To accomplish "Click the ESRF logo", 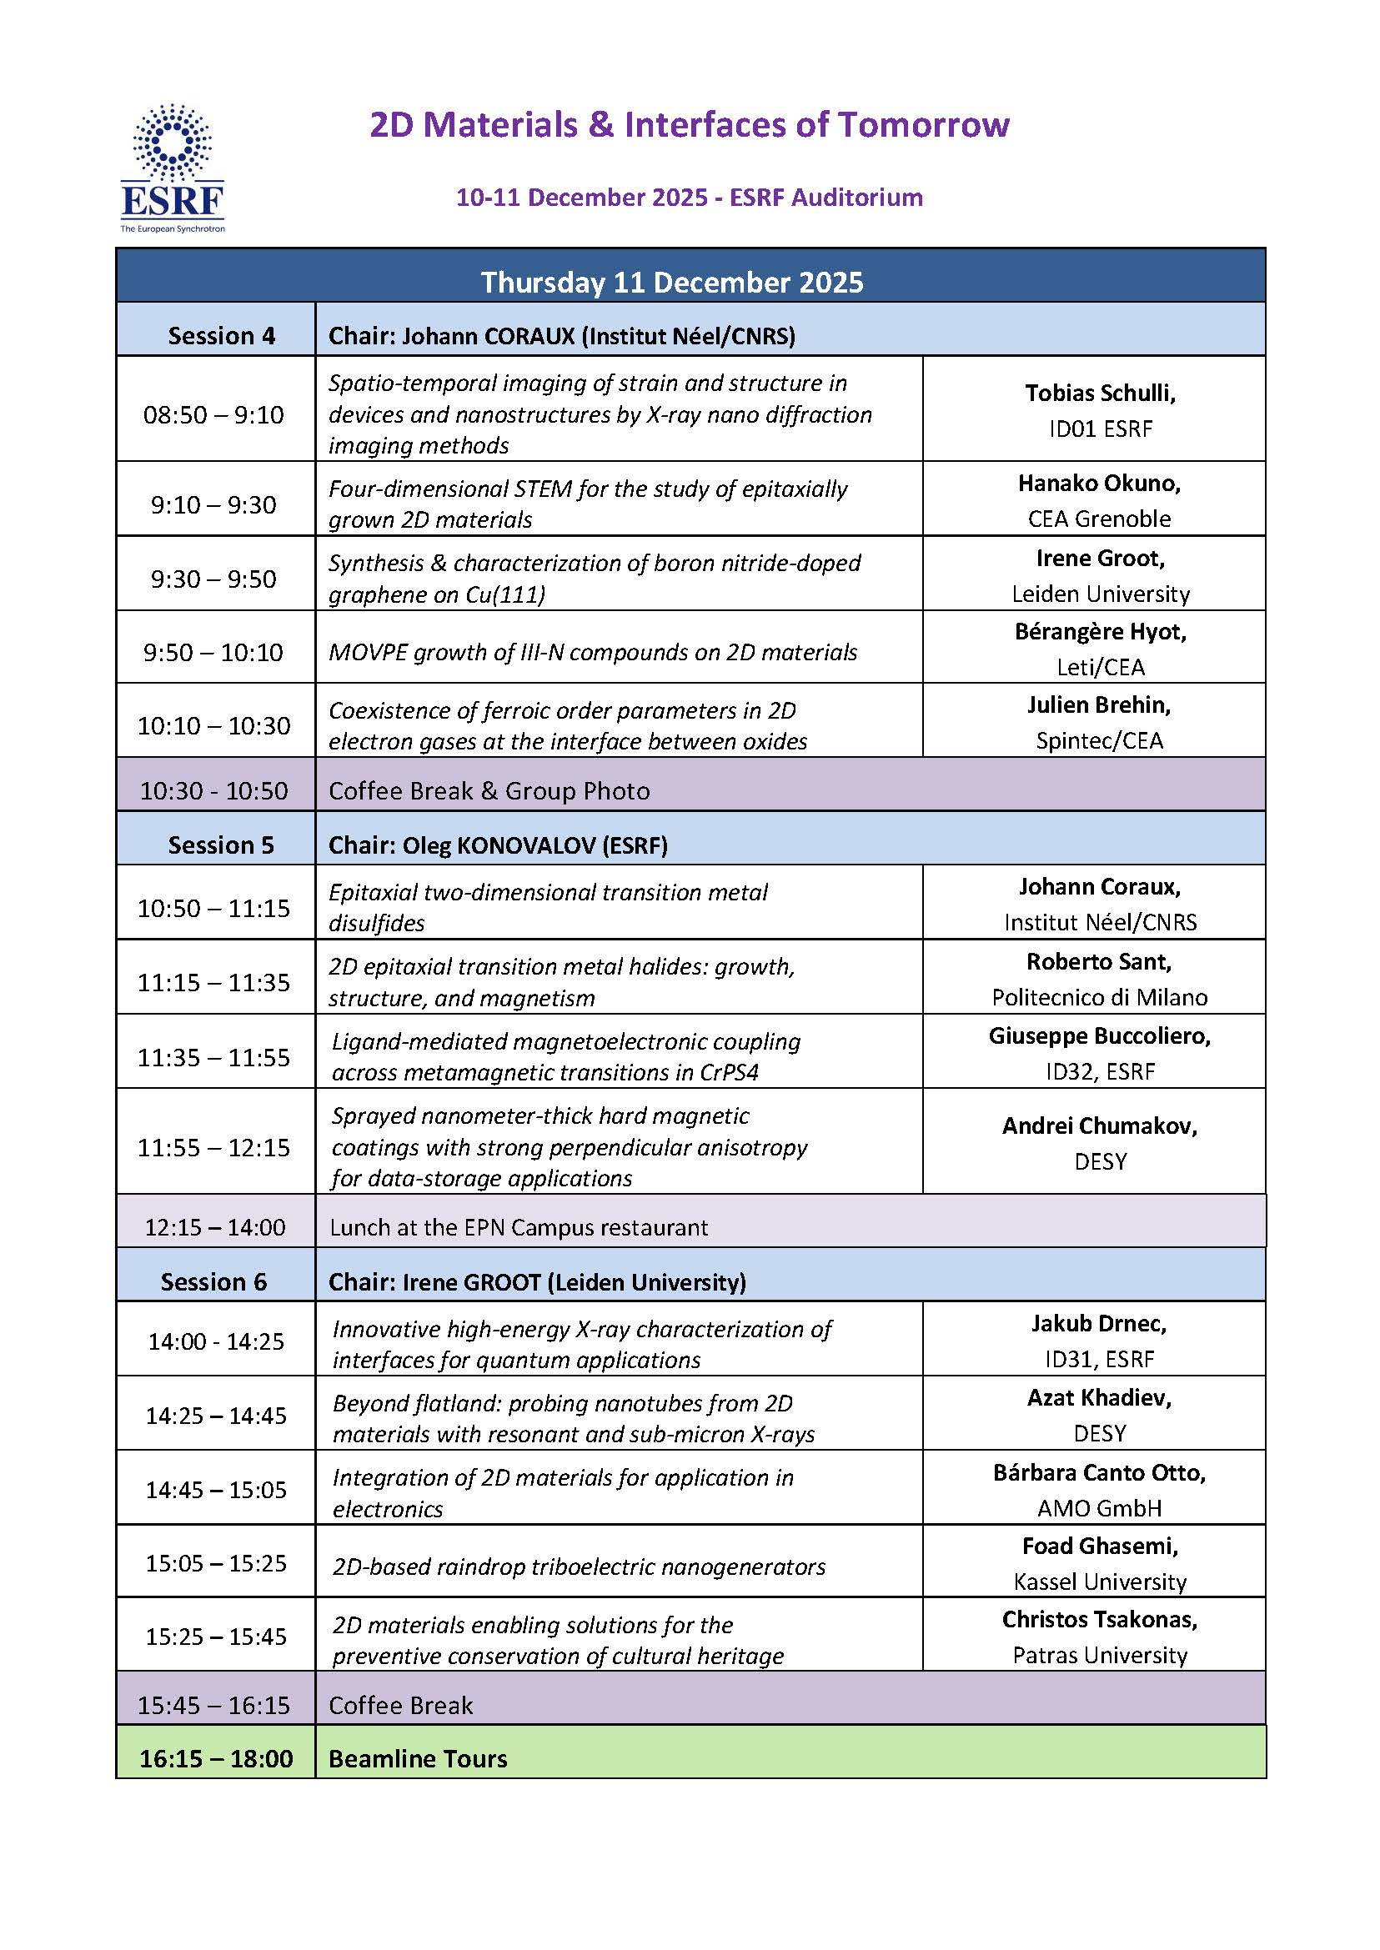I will coord(173,168).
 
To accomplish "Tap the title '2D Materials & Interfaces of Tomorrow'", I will coord(689,125).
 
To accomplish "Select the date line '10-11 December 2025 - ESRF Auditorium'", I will coord(689,197).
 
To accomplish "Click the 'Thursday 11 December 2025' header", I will coord(672,282).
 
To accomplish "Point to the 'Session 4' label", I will coord(221,336).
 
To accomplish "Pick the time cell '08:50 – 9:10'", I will coord(213,414).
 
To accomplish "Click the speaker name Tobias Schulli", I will coord(1100,393).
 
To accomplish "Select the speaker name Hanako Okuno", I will coord(1099,483).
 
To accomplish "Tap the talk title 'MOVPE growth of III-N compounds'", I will coord(592,652).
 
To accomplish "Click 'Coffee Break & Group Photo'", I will coord(489,790).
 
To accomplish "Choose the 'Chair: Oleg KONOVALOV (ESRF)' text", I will coord(498,845).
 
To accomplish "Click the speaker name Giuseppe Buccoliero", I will coord(1099,1035).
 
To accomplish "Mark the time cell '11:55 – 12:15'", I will coord(213,1147).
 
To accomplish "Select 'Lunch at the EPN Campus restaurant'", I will coord(519,1227).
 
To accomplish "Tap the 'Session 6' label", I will coord(213,1281).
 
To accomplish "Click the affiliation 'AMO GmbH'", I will coord(1099,1508).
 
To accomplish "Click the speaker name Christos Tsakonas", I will coord(1099,1619).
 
